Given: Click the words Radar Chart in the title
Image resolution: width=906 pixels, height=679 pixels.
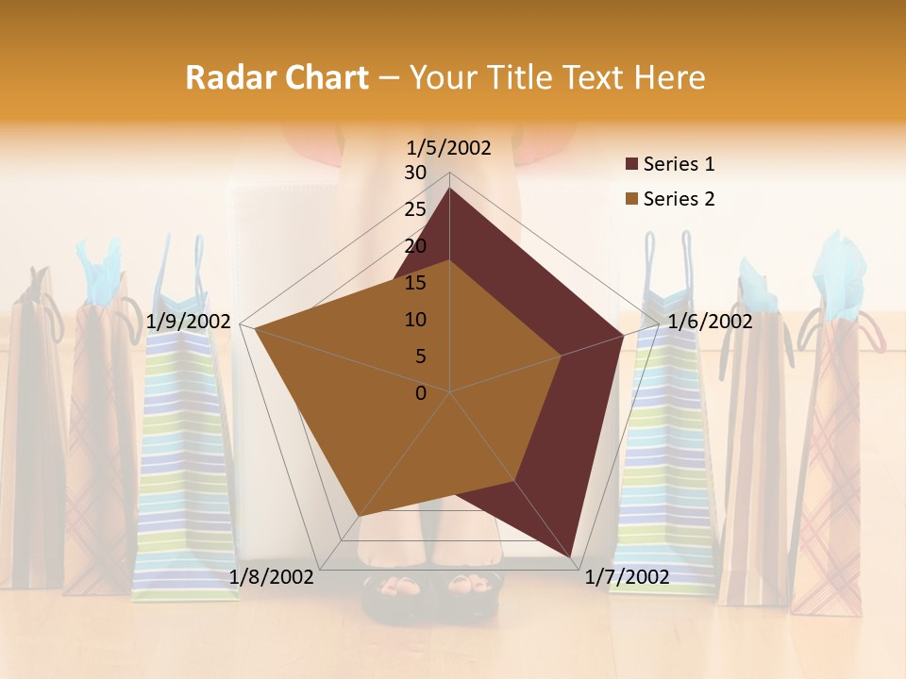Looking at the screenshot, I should [x=276, y=77].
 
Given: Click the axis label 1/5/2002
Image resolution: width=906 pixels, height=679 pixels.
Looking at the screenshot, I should [x=449, y=147].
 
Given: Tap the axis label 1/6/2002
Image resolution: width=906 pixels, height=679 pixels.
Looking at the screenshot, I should [x=710, y=322].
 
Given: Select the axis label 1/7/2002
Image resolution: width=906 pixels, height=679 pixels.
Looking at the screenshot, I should [x=627, y=577].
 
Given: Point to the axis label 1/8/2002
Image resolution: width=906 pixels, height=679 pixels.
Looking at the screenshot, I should [x=272, y=577].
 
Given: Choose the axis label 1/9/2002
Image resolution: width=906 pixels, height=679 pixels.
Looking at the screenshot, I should [x=189, y=322].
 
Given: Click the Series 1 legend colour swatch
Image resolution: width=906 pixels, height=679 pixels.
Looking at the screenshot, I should [x=631, y=165].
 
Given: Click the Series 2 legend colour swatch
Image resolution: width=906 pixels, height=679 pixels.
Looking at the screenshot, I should [x=631, y=199].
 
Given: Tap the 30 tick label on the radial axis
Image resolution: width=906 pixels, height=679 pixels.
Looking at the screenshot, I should [x=415, y=173].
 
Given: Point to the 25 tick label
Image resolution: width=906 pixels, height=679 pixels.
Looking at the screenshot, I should [x=415, y=209].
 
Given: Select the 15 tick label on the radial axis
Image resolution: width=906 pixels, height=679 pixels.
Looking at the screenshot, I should [x=415, y=283].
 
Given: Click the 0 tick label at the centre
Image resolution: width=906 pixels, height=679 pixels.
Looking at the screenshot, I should [x=421, y=393].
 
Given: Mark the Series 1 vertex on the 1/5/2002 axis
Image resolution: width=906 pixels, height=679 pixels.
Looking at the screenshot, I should [x=450, y=188].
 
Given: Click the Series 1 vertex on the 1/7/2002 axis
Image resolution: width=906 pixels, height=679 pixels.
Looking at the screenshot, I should [x=572, y=556].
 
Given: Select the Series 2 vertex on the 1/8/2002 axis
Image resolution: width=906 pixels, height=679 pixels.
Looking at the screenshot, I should [x=360, y=516].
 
